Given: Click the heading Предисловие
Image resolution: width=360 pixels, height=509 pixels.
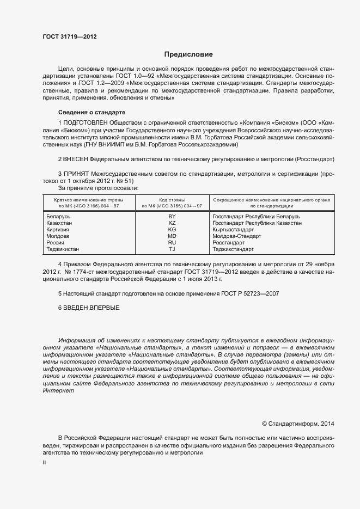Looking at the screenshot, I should pos(189,54).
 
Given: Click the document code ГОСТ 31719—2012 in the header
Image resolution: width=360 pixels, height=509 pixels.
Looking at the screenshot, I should pos(70,36).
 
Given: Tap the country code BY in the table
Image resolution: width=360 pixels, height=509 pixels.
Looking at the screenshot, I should pos(172,217).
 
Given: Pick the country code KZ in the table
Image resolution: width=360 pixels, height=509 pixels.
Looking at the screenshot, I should pos(172,223).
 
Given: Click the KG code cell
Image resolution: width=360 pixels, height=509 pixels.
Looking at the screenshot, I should pos(172,230).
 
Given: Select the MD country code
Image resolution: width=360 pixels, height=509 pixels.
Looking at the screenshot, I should pos(172,236).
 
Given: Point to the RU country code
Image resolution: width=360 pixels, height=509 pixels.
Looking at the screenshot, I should pos(172,243).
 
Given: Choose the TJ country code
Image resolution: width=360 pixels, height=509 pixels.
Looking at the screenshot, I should pos(172,249).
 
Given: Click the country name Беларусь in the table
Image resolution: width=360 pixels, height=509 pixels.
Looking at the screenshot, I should pos(59,217).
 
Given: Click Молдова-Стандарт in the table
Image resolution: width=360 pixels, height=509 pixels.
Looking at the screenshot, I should pos(237,236).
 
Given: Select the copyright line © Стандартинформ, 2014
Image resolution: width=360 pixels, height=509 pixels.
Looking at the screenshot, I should pos(297,423).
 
